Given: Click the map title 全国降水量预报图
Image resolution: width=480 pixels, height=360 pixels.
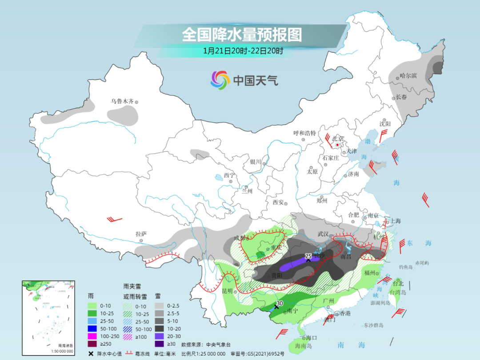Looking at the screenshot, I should (x=242, y=35).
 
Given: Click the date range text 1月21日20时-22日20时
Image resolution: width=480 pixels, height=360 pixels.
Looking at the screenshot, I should (x=243, y=51).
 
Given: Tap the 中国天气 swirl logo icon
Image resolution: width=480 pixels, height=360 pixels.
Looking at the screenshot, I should (x=220, y=80).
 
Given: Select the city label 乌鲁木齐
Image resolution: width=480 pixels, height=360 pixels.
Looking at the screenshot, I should (x=122, y=101).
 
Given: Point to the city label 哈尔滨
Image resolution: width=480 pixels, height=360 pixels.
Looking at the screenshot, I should (x=408, y=76).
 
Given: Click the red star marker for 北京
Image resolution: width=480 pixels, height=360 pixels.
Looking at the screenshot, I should (x=338, y=145).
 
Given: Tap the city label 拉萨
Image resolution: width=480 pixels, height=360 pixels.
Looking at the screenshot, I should (x=141, y=234).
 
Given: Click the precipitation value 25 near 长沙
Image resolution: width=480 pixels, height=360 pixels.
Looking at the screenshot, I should (x=308, y=256).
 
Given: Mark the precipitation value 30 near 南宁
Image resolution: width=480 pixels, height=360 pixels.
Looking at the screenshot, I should (x=279, y=304).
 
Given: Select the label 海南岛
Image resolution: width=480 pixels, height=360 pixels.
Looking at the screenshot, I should (x=304, y=345).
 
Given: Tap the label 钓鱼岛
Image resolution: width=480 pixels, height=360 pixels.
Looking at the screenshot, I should (x=406, y=267).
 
